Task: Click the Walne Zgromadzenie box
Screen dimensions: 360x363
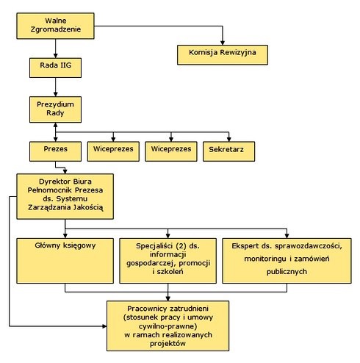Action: [55, 26]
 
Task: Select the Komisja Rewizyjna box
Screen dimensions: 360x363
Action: [223, 54]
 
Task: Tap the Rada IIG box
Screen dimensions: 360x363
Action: [55, 68]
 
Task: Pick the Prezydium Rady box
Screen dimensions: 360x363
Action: [55, 109]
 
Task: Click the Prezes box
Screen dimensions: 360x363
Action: [55, 151]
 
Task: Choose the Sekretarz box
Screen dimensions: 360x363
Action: [228, 151]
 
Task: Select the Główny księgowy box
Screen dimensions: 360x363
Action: [65, 261]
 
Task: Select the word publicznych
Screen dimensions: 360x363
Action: [287, 272]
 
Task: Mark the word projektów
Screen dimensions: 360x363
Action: [168, 344]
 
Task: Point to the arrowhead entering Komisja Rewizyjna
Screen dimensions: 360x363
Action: [223, 43]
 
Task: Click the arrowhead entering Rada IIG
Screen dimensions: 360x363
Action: [55, 56]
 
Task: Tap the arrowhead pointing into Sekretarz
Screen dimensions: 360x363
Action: [228, 140]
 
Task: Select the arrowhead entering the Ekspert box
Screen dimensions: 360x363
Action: [287, 236]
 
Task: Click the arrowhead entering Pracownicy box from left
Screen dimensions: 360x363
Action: [104, 326]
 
